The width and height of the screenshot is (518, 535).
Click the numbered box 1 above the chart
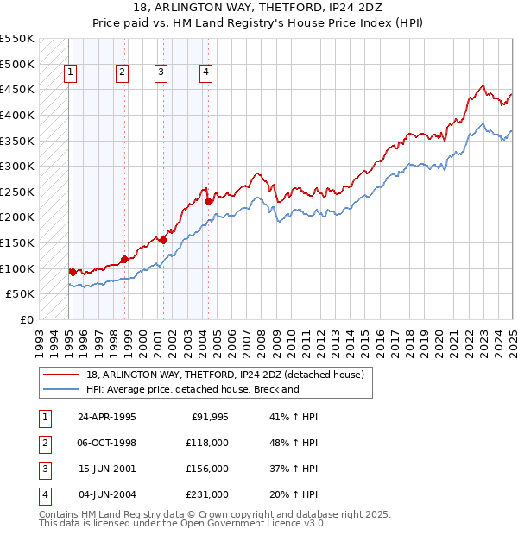[70, 72]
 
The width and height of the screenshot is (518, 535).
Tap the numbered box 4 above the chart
[205, 72]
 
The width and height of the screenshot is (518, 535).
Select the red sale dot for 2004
[209, 201]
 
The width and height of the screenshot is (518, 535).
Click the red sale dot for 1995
[73, 272]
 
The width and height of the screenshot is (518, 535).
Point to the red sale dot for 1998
[124, 258]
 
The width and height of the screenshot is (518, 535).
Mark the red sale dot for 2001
[163, 240]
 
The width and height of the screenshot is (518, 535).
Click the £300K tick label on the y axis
[16, 166]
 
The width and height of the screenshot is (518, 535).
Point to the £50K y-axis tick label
[20, 294]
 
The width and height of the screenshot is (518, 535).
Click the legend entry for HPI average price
[193, 389]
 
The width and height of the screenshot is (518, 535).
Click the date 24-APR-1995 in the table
[107, 417]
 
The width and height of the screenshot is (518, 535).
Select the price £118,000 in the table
[207, 443]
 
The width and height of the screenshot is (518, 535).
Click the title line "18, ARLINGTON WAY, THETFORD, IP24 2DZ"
[259, 9]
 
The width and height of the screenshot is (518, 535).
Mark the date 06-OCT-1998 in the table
[107, 443]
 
